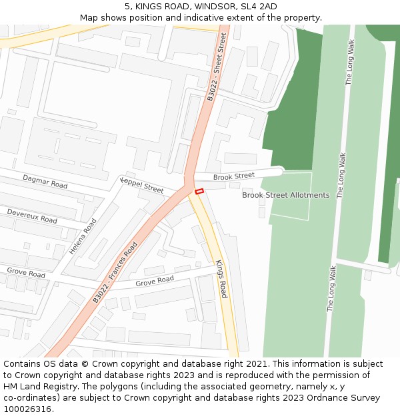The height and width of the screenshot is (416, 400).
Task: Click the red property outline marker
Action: (x=199, y=192)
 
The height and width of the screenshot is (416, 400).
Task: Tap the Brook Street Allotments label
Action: (x=285, y=195)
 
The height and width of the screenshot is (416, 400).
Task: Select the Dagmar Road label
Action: (x=45, y=181)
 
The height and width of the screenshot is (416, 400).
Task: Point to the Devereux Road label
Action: (x=32, y=215)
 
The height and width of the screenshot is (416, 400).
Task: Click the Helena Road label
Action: (x=83, y=236)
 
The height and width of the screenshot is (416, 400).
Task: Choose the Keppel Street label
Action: (x=142, y=185)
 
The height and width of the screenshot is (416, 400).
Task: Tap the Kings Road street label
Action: (x=221, y=278)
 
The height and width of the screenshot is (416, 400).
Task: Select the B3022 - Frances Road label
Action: (x=115, y=272)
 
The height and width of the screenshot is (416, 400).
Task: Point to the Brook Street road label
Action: (x=234, y=176)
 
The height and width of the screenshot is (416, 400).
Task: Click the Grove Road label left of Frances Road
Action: (x=26, y=272)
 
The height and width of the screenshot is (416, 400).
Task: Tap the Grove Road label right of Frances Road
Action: (x=155, y=282)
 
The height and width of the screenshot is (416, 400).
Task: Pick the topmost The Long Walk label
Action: (x=349, y=62)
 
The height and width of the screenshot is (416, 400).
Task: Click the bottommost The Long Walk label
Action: (x=331, y=289)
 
